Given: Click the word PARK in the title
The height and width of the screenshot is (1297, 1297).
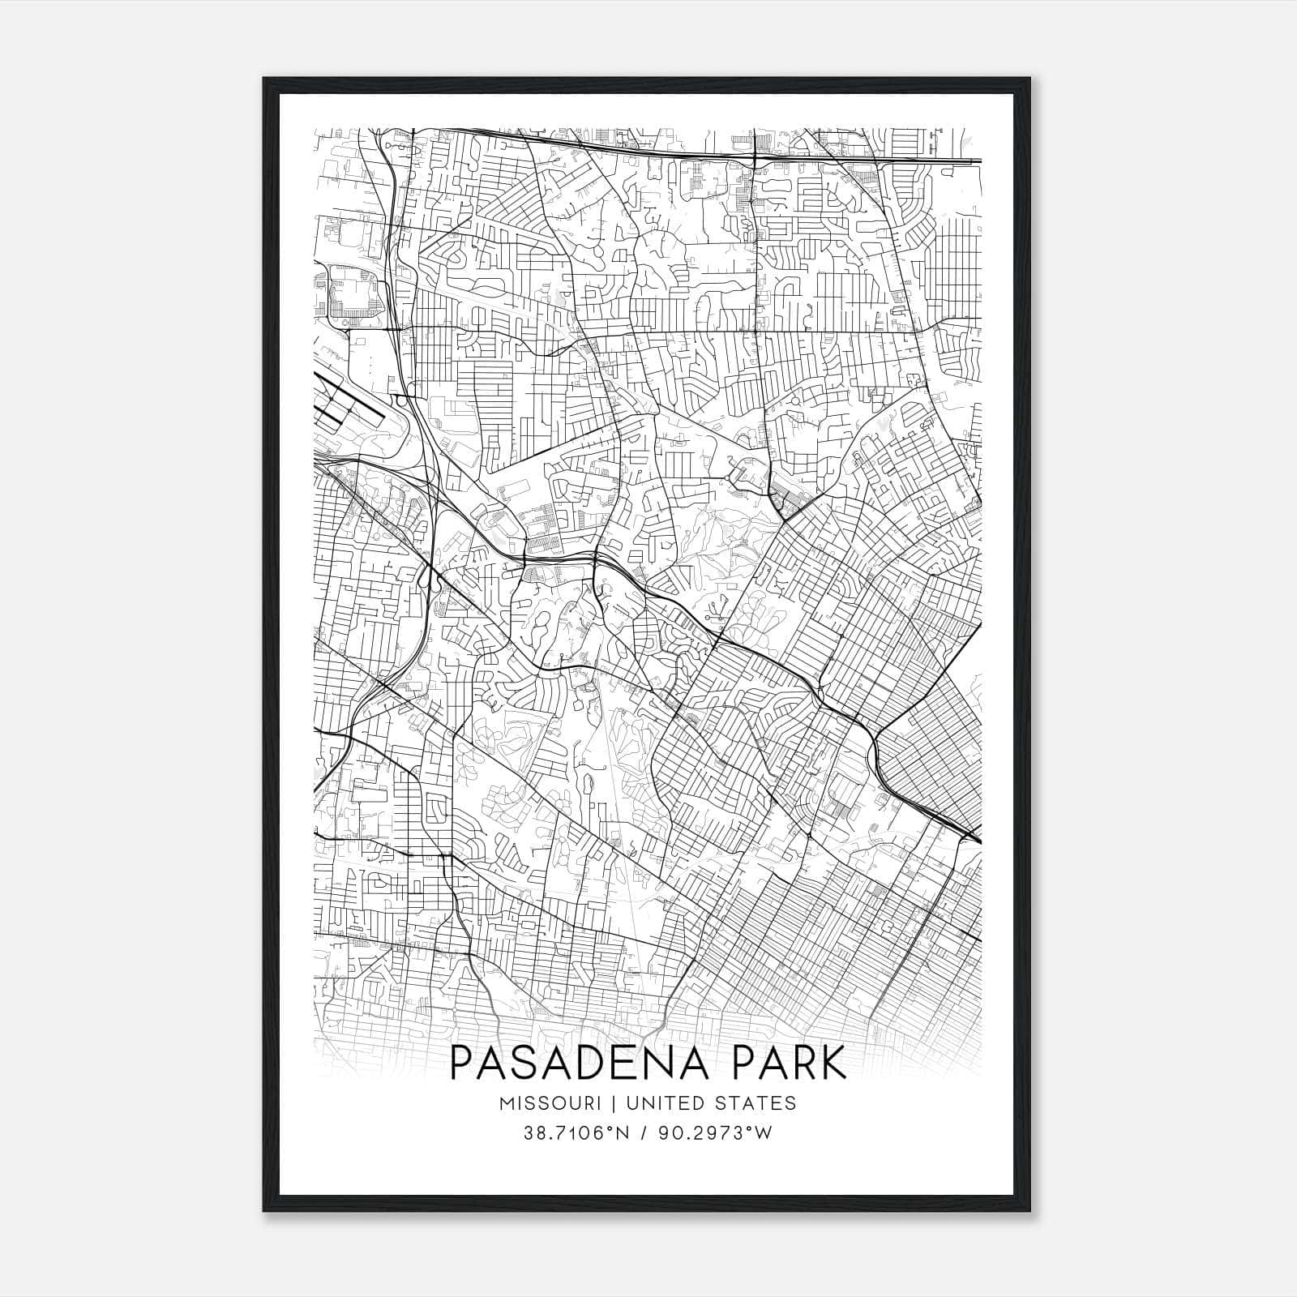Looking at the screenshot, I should [794, 1063].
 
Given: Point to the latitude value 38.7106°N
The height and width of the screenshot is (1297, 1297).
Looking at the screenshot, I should [576, 1133].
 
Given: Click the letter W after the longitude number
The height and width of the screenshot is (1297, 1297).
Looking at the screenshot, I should [764, 1133].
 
